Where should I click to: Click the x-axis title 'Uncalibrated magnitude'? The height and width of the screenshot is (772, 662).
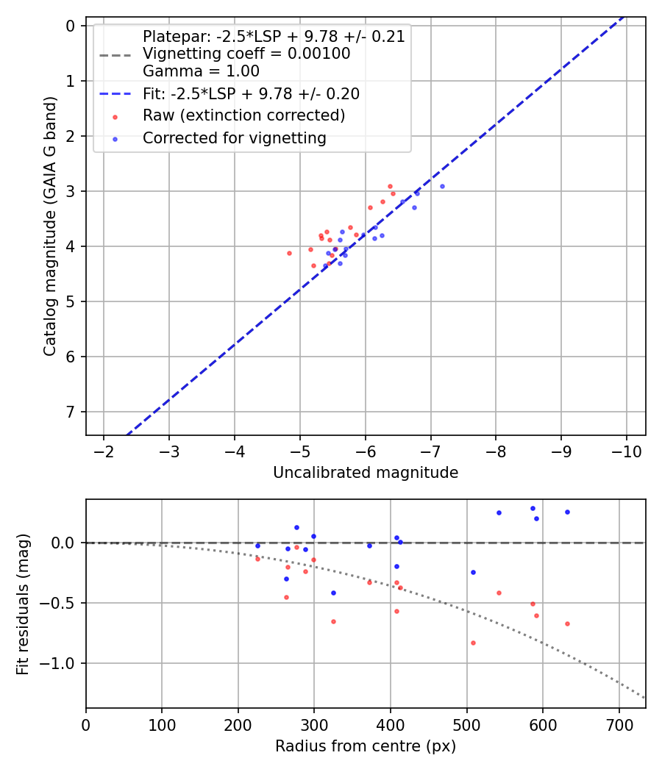coord(366,473)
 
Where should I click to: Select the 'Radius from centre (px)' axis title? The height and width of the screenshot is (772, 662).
coord(366,746)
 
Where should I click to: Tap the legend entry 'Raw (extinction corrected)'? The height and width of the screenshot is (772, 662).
coord(243,115)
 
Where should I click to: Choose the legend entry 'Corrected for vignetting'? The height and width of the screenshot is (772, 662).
coord(234,138)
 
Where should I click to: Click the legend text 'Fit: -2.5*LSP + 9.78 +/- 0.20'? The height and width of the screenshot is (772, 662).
coord(251,93)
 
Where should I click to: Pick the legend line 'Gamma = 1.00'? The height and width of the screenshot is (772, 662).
coord(201,71)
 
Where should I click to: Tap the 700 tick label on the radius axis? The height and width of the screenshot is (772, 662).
coord(619,723)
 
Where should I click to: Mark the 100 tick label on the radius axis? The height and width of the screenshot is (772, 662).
coord(162,723)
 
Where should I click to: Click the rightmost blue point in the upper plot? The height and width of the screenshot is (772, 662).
coord(442,186)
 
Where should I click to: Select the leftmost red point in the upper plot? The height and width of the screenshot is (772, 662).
coord(289,253)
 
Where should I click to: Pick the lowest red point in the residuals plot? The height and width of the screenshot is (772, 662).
coord(473,643)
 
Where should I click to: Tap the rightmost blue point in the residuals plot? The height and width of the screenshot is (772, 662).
coord(567,512)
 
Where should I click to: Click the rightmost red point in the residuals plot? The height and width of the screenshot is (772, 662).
coord(567,623)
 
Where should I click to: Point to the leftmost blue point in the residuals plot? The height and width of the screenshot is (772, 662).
coord(257,546)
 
